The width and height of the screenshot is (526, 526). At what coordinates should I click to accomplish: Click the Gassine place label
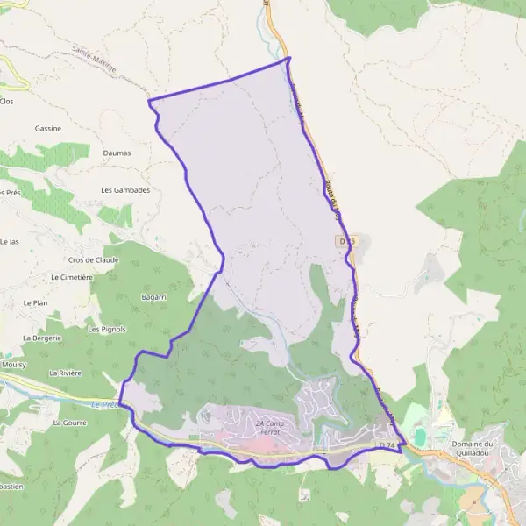(48, 128)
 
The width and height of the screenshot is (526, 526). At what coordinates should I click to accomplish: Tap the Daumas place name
(117, 153)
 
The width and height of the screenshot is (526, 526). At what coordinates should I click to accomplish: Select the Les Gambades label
(125, 189)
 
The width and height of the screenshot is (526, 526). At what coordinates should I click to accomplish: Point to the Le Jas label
(10, 241)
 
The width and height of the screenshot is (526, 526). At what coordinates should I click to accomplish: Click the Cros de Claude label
(93, 259)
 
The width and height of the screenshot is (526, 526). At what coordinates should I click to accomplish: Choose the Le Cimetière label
(72, 277)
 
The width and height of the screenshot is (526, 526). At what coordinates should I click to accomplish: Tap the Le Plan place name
(34, 302)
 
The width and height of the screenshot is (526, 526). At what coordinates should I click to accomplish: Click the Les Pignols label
(108, 330)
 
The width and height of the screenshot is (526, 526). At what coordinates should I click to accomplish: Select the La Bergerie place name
(41, 338)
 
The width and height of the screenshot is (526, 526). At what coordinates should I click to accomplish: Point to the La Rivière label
(66, 373)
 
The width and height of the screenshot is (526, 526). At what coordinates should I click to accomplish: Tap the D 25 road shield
(346, 240)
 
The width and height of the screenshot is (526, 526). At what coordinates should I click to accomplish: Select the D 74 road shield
(389, 446)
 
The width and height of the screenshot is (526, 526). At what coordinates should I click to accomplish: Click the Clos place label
(7, 102)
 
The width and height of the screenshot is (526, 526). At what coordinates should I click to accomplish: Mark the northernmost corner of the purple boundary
(288, 58)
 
